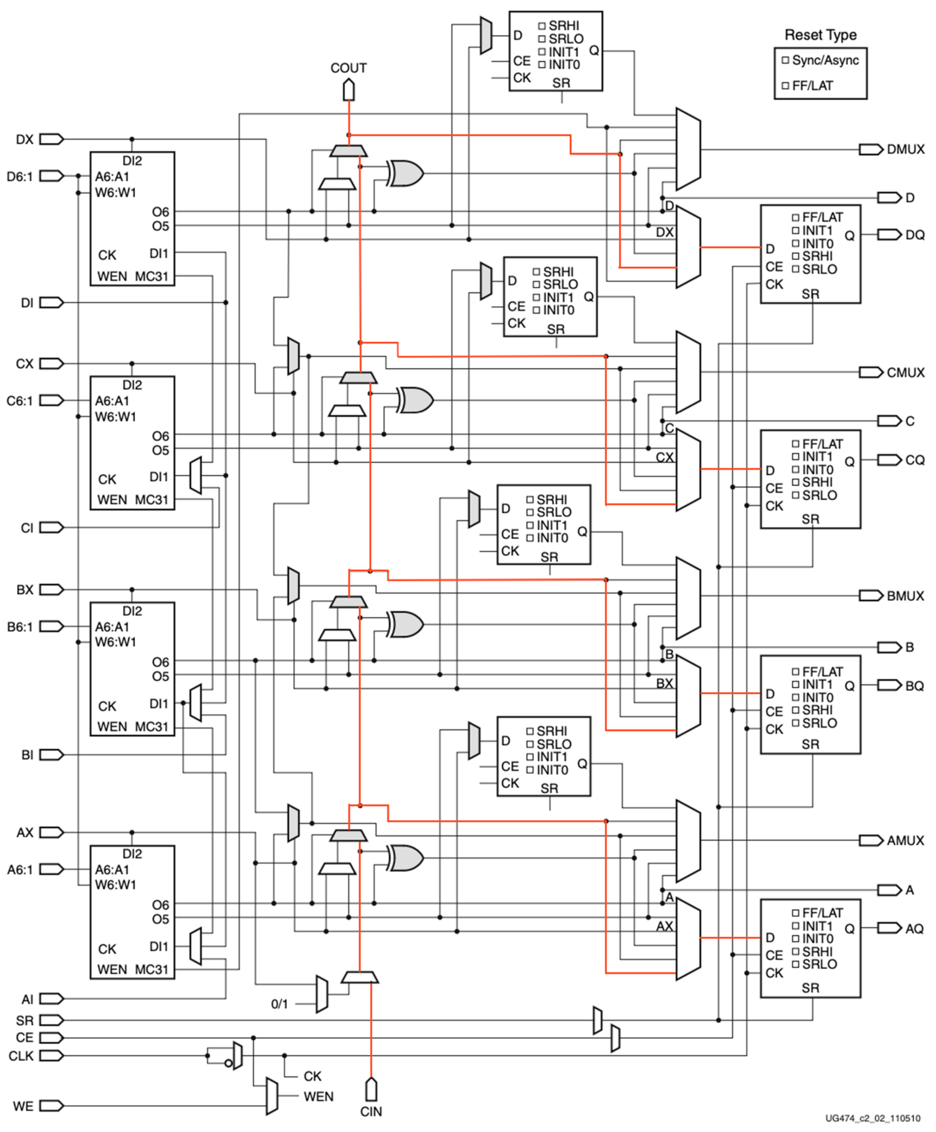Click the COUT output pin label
(348, 68)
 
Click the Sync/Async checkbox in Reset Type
(786, 60)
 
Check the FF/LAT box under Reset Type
(786, 86)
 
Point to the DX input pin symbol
(51, 140)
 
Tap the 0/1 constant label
(279, 1004)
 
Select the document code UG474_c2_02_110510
(873, 1118)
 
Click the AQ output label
(914, 928)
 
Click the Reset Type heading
(820, 35)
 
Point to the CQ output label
(914, 460)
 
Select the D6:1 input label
(20, 176)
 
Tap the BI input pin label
(27, 755)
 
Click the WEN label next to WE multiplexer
(318, 1096)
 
